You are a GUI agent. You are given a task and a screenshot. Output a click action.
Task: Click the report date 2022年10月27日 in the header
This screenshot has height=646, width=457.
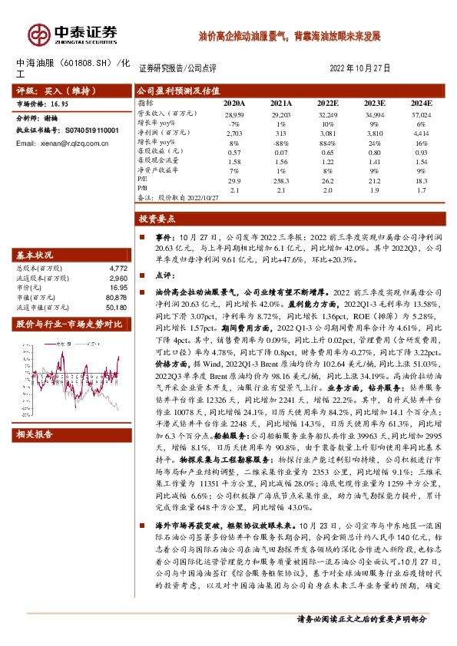(359, 68)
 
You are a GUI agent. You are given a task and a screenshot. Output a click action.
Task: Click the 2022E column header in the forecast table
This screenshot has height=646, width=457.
(327, 102)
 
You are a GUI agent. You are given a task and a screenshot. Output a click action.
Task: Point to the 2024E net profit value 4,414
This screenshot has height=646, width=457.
(421, 133)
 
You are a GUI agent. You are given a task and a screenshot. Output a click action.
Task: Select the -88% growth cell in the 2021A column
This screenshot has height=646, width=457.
(281, 142)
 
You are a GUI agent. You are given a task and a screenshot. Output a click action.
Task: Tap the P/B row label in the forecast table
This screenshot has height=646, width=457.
(143, 188)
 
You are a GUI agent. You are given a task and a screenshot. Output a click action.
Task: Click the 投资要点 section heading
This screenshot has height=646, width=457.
(157, 219)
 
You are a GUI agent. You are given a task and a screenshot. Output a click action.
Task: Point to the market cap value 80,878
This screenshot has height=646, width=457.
(116, 297)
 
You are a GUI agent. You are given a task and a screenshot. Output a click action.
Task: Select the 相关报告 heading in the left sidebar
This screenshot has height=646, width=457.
(35, 435)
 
